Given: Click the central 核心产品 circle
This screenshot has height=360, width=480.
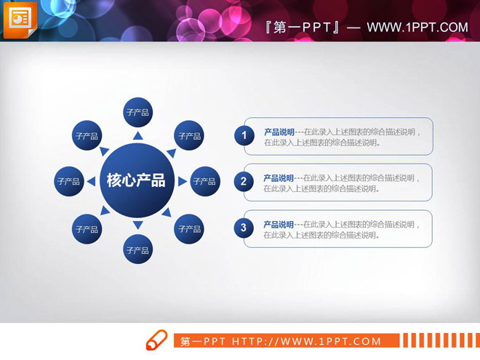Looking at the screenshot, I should coord(136,180).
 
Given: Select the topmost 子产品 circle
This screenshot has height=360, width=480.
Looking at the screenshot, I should coord(137,112).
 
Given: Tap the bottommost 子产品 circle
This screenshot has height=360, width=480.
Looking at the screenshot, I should coord(137,249).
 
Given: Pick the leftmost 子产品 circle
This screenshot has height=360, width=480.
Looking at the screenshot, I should coord(68,181).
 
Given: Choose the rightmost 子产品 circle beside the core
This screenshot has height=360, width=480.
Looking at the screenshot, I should coord(204,181).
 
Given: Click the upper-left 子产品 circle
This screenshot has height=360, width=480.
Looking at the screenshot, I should coord(87,135).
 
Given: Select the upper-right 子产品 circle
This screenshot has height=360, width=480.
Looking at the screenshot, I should coord(189,135).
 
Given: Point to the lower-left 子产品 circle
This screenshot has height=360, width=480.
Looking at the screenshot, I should coord(87,228).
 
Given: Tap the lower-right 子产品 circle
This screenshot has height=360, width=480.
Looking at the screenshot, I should coord(189,228).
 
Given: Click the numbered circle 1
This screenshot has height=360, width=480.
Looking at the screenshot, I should coord(244,135).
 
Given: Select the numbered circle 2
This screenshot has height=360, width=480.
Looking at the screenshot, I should coord(244,182).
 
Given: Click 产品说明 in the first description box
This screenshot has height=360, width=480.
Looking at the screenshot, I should coord(279,132).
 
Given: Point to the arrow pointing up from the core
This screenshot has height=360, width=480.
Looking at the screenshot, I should coord(137,135).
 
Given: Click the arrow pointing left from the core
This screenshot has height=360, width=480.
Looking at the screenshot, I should coord(92,181).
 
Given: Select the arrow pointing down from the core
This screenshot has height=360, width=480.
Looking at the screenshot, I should coord(137,226).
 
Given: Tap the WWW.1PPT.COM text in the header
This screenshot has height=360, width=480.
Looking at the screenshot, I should coord(417,28).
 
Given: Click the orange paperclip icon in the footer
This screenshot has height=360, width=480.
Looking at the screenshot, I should coord(157,340).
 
